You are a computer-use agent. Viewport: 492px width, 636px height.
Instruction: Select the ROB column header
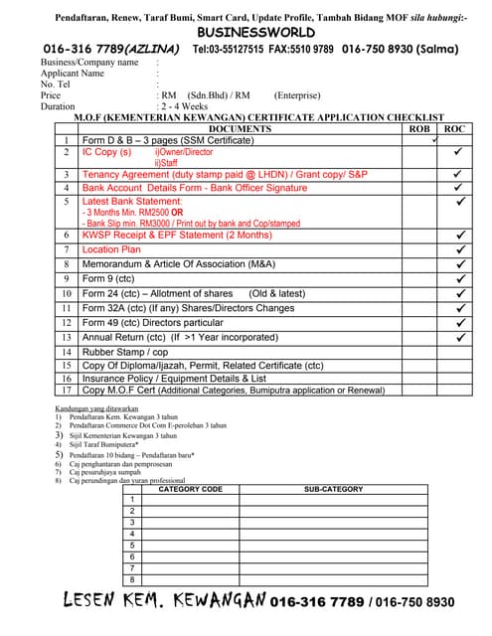coord(420,129)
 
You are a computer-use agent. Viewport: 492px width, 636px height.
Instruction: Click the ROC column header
coord(455,129)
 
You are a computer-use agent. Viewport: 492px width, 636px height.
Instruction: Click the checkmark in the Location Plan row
coord(459,250)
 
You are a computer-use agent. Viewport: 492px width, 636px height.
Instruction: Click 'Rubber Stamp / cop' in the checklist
coord(125,352)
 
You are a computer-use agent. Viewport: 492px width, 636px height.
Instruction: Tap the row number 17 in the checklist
coord(65,391)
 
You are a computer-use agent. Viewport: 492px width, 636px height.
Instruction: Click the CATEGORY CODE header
coord(191,489)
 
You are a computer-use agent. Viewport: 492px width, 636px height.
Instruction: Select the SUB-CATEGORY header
coord(333,489)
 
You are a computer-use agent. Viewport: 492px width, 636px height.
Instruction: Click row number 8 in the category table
coord(132,579)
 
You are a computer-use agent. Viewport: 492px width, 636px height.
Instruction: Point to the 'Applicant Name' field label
coord(72,74)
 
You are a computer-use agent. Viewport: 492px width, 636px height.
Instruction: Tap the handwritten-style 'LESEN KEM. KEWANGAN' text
coord(164,601)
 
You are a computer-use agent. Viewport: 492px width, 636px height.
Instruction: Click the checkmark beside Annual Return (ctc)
coord(459,338)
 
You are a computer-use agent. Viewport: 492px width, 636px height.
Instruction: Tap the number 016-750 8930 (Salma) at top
coord(408,49)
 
